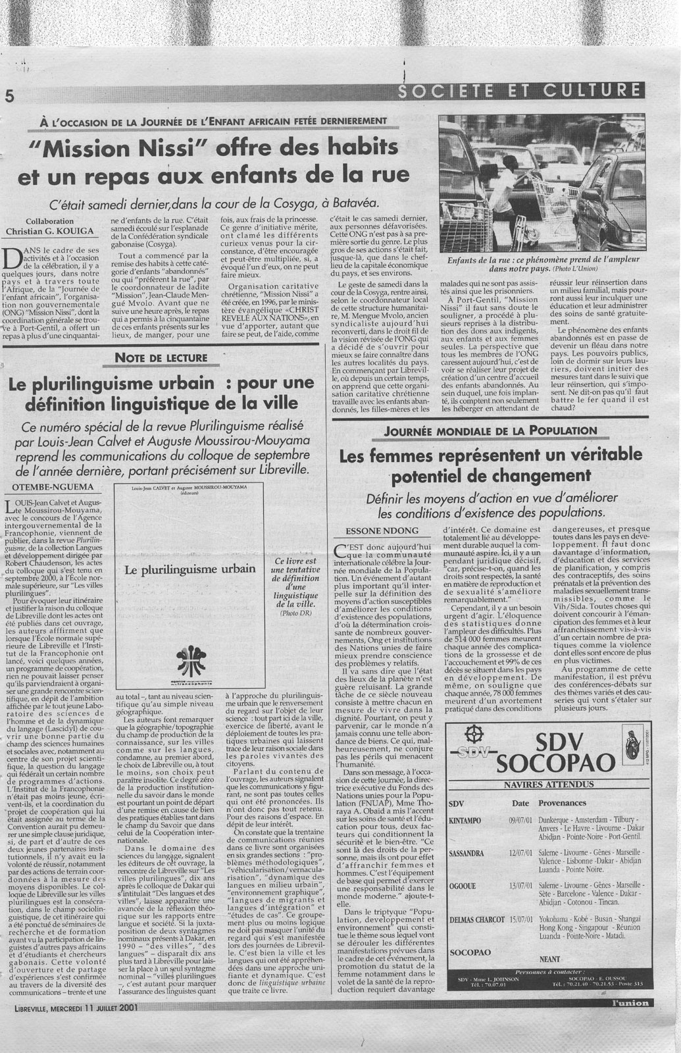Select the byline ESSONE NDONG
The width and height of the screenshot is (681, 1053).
click(376, 530)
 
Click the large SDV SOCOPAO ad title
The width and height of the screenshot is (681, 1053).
click(551, 754)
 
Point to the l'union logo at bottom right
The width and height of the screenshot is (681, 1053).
click(622, 1002)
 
